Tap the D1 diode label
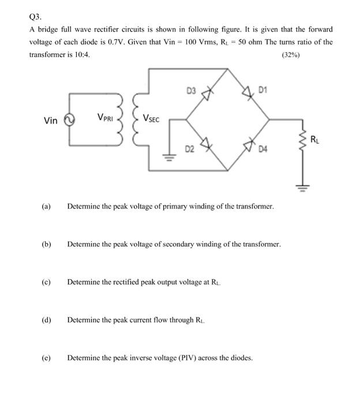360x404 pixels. click(x=263, y=89)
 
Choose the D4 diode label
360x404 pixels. click(x=263, y=151)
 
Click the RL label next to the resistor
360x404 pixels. click(x=314, y=139)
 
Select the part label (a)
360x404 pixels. click(x=46, y=206)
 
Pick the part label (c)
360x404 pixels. click(x=46, y=282)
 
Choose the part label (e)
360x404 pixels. click(x=46, y=358)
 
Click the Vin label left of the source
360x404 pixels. click(x=51, y=121)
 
